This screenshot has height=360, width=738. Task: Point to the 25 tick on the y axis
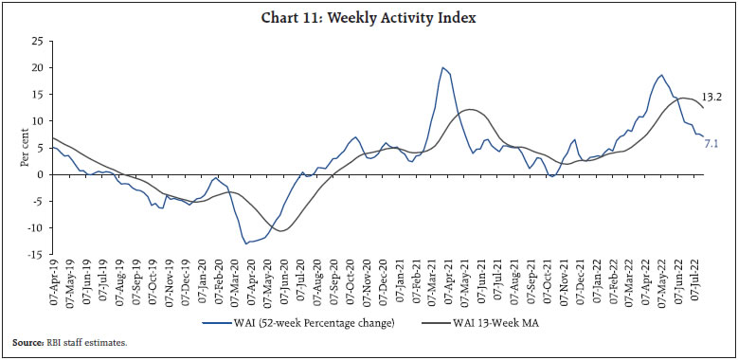tap(38, 41)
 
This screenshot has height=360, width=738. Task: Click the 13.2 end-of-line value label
tap(712, 97)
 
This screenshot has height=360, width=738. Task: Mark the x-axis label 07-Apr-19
tap(54, 282)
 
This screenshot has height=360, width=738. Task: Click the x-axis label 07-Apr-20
tap(249, 282)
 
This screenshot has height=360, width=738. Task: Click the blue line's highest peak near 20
tap(441, 67)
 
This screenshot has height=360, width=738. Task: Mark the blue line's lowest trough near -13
tap(246, 243)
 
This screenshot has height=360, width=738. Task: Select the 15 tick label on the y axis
tap(38, 94)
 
